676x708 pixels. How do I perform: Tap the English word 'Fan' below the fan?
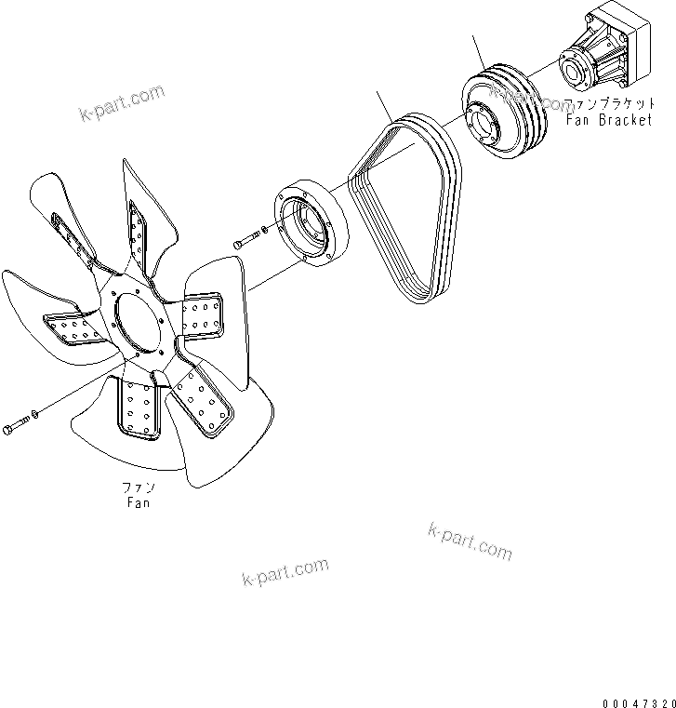[138, 503]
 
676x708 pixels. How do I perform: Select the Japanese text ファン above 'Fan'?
[138, 488]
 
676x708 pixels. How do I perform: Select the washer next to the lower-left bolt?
[34, 413]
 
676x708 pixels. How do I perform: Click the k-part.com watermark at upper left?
[121, 103]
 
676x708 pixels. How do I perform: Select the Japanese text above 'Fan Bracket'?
[615, 104]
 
